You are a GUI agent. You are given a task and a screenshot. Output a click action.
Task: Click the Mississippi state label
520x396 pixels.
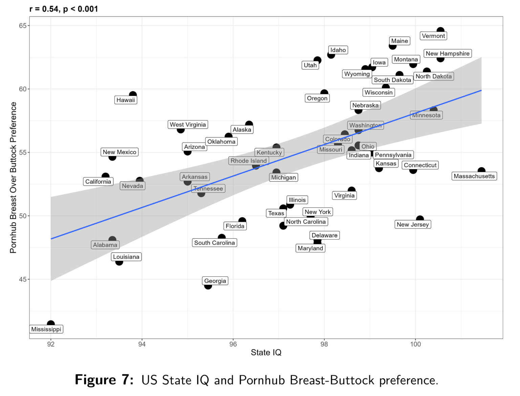tap(46, 329)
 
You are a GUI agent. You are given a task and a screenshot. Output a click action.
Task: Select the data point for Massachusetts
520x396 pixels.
tap(481, 171)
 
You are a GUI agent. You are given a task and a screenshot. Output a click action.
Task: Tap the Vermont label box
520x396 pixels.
tap(433, 36)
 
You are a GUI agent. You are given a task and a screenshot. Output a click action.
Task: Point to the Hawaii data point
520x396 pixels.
tap(133, 95)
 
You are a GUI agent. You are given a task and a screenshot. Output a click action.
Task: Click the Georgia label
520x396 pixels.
tap(215, 281)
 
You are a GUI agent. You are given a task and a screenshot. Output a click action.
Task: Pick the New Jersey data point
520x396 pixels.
tap(420, 219)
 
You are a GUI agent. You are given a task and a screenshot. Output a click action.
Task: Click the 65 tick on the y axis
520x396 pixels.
tap(22, 26)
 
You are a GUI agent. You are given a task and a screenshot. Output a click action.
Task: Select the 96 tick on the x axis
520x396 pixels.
tap(233, 344)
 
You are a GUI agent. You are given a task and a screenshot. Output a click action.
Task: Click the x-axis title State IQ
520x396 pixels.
tap(266, 353)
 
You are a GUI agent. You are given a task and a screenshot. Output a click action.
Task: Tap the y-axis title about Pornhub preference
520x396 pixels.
tap(13, 177)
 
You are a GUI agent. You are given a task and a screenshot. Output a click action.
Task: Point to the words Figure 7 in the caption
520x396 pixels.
tap(104, 380)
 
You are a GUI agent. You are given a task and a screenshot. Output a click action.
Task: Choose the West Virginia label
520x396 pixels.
tap(188, 125)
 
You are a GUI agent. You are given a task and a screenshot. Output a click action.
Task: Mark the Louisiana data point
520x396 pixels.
tap(119, 262)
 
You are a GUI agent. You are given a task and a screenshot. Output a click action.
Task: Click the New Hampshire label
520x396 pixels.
tap(448, 53)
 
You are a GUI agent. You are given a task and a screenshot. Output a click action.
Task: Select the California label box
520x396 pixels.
tap(98, 181)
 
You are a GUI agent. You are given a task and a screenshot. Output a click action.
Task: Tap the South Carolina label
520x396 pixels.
tap(214, 243)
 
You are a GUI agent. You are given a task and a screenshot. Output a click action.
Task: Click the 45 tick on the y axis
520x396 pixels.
tap(22, 279)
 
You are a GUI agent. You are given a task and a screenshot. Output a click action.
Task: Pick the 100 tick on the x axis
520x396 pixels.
tap(415, 344)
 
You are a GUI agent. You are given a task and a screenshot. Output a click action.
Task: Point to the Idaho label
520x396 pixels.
tap(338, 50)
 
